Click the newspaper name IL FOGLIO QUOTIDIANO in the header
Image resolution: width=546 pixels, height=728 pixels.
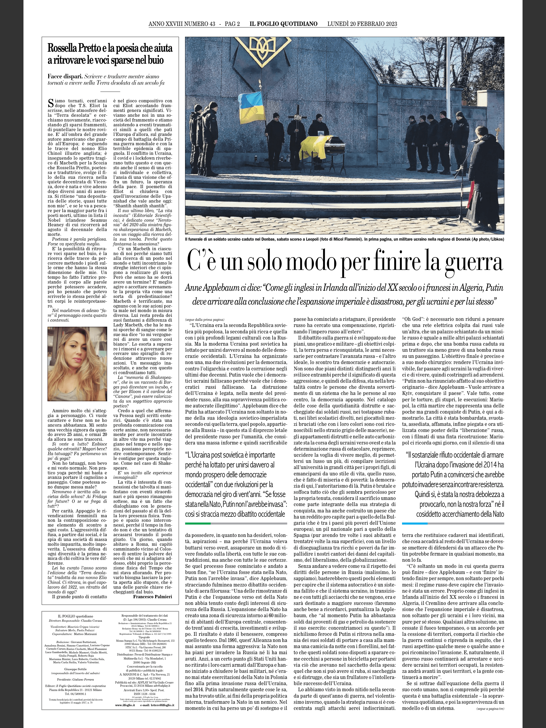click(283, 24)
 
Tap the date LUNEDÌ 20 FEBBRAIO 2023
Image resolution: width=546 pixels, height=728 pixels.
click(362, 24)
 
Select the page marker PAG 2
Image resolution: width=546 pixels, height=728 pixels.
click(232, 24)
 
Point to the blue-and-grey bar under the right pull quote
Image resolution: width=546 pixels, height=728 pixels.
click(452, 523)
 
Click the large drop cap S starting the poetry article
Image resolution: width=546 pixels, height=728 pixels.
click(50, 103)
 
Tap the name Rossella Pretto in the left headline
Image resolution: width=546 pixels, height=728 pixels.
click(73, 49)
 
